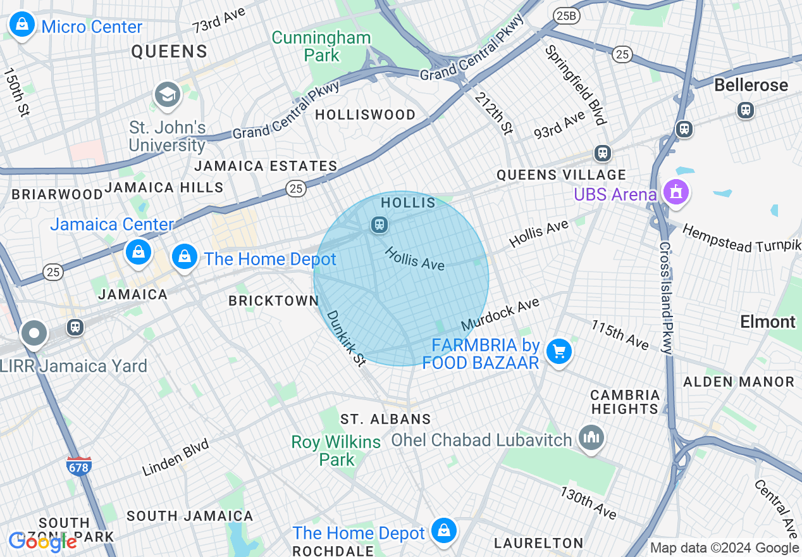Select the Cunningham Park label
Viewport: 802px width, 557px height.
pyautogui.click(x=321, y=46)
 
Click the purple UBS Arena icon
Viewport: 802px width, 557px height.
pyautogui.click(x=676, y=192)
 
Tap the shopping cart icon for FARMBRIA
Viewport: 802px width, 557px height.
pyautogui.click(x=558, y=352)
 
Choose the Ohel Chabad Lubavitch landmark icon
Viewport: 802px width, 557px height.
pyautogui.click(x=591, y=438)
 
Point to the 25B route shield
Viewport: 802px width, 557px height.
pyautogui.click(x=563, y=14)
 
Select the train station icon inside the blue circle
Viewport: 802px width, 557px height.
pyautogui.click(x=379, y=225)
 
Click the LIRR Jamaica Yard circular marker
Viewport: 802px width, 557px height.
pyautogui.click(x=34, y=334)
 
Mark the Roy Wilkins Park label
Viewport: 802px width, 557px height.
pyautogui.click(x=336, y=451)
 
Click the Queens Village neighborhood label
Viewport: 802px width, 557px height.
pyautogui.click(x=561, y=175)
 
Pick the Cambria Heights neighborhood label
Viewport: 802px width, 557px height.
pyautogui.click(x=625, y=402)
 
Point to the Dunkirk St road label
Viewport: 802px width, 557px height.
pyautogui.click(x=346, y=339)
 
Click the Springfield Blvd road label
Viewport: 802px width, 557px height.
pyautogui.click(x=576, y=85)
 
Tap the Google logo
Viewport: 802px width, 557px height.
pyautogui.click(x=42, y=541)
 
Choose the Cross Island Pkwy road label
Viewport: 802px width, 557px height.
pyautogui.click(x=665, y=297)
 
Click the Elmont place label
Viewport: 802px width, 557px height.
pyautogui.click(x=767, y=322)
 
